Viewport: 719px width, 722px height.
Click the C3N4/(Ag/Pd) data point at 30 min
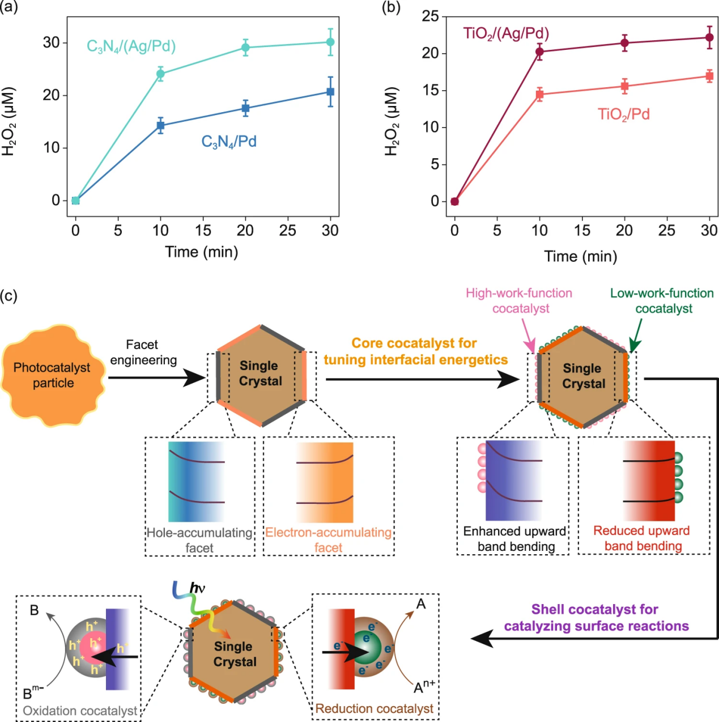(x=330, y=42)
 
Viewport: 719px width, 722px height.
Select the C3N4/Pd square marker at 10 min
(x=160, y=125)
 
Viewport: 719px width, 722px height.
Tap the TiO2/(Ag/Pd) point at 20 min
(x=624, y=43)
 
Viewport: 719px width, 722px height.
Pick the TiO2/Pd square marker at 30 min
(x=709, y=76)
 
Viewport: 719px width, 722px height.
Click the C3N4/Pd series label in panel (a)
(x=229, y=142)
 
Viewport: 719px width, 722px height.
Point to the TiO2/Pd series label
(x=623, y=114)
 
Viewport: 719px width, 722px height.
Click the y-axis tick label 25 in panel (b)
(x=431, y=16)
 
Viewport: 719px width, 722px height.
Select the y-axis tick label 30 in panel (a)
(x=52, y=43)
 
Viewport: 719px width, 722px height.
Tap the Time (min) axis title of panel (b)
(x=581, y=257)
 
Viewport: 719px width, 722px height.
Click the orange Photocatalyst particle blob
(x=53, y=375)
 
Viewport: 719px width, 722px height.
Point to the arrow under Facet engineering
(x=156, y=378)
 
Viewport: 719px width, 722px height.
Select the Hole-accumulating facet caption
(x=199, y=540)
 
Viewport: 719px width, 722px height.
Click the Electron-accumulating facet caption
(x=329, y=540)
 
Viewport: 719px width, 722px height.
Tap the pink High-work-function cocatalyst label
(x=519, y=300)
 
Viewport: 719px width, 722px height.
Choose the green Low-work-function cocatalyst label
(x=662, y=300)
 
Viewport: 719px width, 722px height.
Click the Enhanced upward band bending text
(x=515, y=539)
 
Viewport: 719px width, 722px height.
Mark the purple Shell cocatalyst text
(x=596, y=618)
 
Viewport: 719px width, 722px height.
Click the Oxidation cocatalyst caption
(x=80, y=711)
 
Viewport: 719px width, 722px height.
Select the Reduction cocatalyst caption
(x=374, y=708)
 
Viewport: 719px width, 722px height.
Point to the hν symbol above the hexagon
(x=197, y=588)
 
